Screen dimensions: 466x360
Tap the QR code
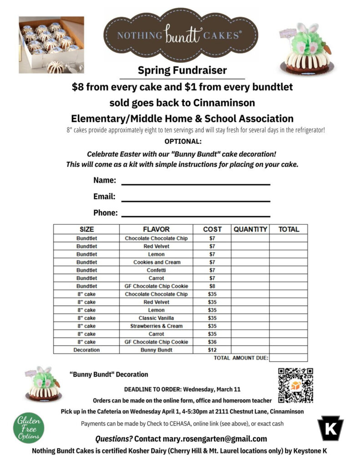pos(295,385)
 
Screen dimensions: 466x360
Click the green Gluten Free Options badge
pos(29,428)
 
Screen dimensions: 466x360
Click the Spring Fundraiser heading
pos(182,71)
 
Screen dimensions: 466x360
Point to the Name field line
pos(196,184)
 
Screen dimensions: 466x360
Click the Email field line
pos(196,200)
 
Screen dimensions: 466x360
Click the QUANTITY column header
pos(250,229)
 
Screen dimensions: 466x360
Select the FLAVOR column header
pos(156,229)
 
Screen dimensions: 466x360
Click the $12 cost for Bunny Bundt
pos(212,350)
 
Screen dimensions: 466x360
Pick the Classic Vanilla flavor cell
pos(156,318)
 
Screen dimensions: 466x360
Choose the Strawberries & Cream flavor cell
pos(156,326)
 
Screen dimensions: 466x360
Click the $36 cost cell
pos(212,342)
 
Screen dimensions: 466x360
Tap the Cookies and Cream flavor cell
pos(156,262)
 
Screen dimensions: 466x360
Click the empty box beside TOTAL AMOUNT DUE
pos(288,358)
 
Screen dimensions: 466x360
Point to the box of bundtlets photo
pos(51,45)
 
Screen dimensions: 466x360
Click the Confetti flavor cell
pos(156,270)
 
